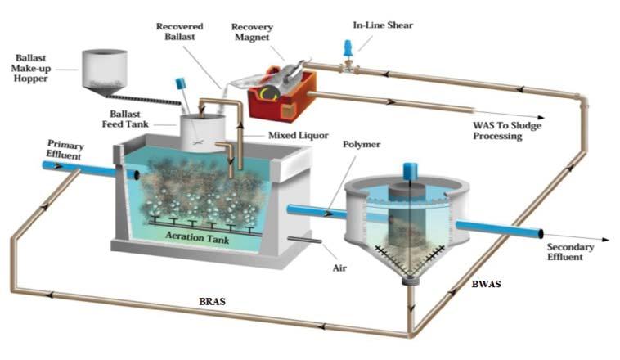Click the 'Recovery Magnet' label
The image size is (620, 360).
point(252,34)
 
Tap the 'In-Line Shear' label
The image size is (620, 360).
point(383,25)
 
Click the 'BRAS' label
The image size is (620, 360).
point(213,301)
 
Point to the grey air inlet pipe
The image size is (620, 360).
point(303,239)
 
